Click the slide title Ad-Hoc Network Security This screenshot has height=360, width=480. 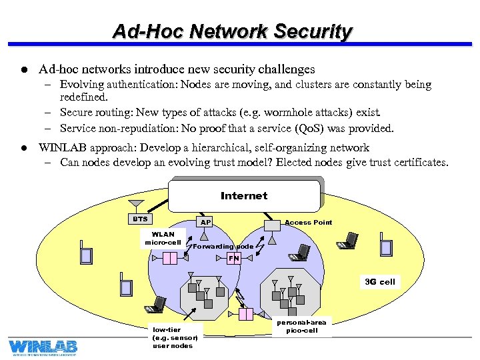(232, 31)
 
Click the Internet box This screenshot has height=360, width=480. (244, 195)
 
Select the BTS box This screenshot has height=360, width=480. (140, 219)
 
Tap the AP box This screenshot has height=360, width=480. (206, 222)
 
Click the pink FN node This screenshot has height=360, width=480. (233, 258)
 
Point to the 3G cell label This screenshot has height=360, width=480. (379, 281)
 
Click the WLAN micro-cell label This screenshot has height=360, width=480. (163, 238)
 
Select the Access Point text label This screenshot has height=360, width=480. (308, 222)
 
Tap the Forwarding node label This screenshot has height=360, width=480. (223, 246)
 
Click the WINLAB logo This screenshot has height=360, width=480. (43, 347)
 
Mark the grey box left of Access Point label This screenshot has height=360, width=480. (272, 225)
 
